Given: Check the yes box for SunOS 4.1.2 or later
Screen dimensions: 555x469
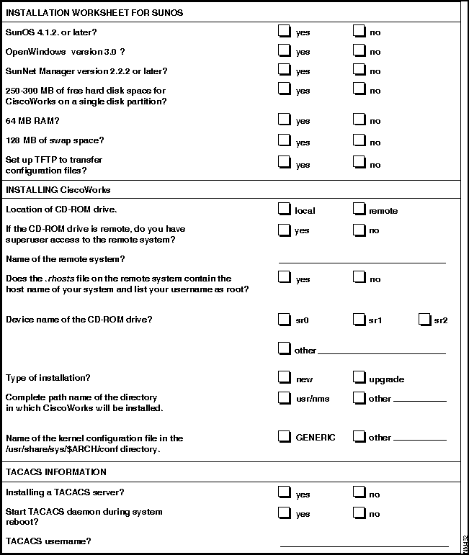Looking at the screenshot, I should click(x=285, y=31).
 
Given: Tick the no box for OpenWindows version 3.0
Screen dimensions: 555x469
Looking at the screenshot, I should click(x=359, y=50).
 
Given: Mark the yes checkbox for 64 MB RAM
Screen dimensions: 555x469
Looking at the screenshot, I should click(x=285, y=119).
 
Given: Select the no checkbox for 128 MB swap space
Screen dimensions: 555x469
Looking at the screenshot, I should click(x=359, y=141).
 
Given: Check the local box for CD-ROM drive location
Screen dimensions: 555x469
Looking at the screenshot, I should click(x=285, y=209).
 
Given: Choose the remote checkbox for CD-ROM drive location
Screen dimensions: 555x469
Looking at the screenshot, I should click(x=359, y=209).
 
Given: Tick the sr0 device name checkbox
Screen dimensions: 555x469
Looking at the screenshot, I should click(x=285, y=319).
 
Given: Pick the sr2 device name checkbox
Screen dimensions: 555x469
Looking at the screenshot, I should click(x=424, y=319).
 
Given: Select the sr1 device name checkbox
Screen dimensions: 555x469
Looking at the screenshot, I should click(x=359, y=319).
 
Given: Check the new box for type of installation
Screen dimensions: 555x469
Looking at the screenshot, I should click(x=285, y=378).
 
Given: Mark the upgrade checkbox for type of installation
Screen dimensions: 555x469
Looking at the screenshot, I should click(x=359, y=378).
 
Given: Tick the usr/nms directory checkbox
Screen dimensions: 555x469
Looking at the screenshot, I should click(x=285, y=397).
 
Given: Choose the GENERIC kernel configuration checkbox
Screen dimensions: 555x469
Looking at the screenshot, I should click(x=285, y=436).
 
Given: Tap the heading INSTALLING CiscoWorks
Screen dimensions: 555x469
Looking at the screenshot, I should click(x=58, y=190).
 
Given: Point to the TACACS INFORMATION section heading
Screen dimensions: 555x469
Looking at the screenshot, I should click(x=56, y=472).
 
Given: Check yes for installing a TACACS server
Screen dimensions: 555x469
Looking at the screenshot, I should click(x=285, y=493).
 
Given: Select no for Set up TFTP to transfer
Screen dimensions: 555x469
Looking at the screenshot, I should click(x=359, y=163).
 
